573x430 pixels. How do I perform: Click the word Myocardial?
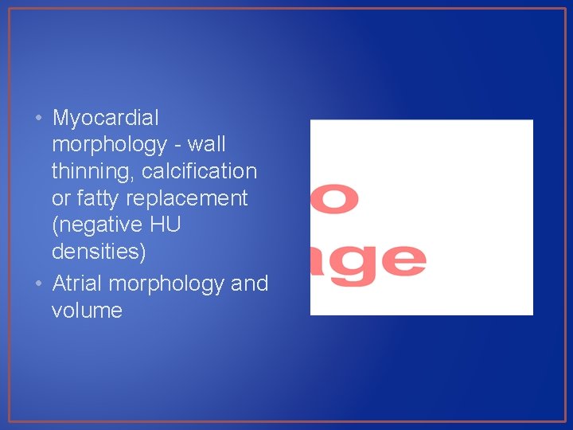[105, 118]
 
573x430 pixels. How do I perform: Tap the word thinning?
[88, 171]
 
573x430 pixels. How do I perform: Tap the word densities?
[99, 252]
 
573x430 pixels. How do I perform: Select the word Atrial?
[77, 283]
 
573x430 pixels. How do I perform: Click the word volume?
[87, 310]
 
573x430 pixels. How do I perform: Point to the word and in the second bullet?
[250, 283]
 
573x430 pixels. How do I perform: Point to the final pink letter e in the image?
[403, 260]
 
